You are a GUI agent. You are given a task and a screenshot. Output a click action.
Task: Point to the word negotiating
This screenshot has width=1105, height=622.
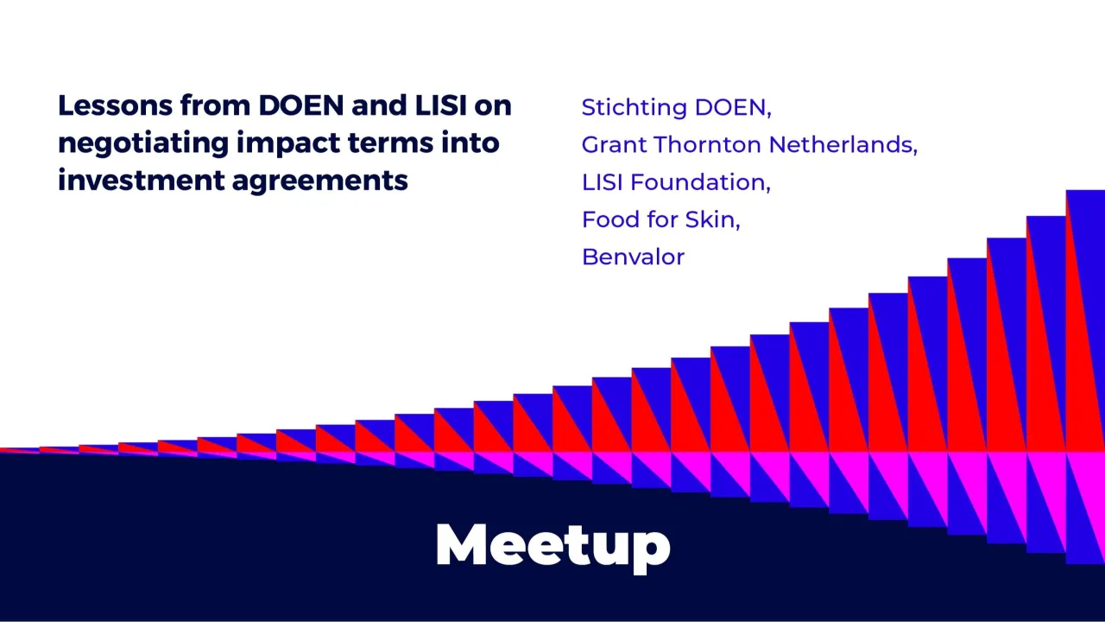click(143, 143)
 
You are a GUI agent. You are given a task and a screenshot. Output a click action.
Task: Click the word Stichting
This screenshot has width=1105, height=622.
click(635, 108)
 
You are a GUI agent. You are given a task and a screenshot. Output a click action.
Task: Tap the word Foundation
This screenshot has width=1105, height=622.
click(700, 182)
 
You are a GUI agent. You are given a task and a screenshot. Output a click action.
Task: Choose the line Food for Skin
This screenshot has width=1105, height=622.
click(660, 219)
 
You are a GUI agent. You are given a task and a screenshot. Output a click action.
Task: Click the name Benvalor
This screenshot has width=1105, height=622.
click(633, 257)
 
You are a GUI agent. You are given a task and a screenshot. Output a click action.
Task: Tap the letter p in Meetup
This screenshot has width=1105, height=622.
click(652, 549)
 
